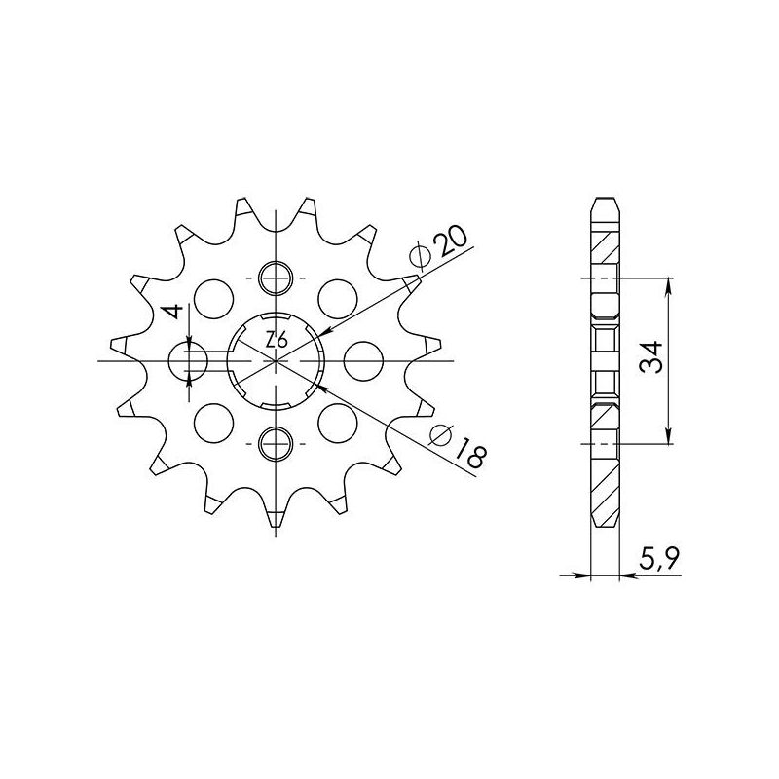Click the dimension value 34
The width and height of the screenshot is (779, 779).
point(651,360)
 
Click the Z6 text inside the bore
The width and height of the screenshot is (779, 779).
point(276,341)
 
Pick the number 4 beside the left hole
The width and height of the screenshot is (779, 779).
point(171,314)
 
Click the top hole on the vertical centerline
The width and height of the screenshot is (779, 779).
point(277,278)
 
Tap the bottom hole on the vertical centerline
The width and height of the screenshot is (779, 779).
point(277,444)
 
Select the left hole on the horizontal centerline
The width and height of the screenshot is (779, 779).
point(188,361)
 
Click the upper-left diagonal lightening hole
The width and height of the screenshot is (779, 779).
point(213,297)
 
